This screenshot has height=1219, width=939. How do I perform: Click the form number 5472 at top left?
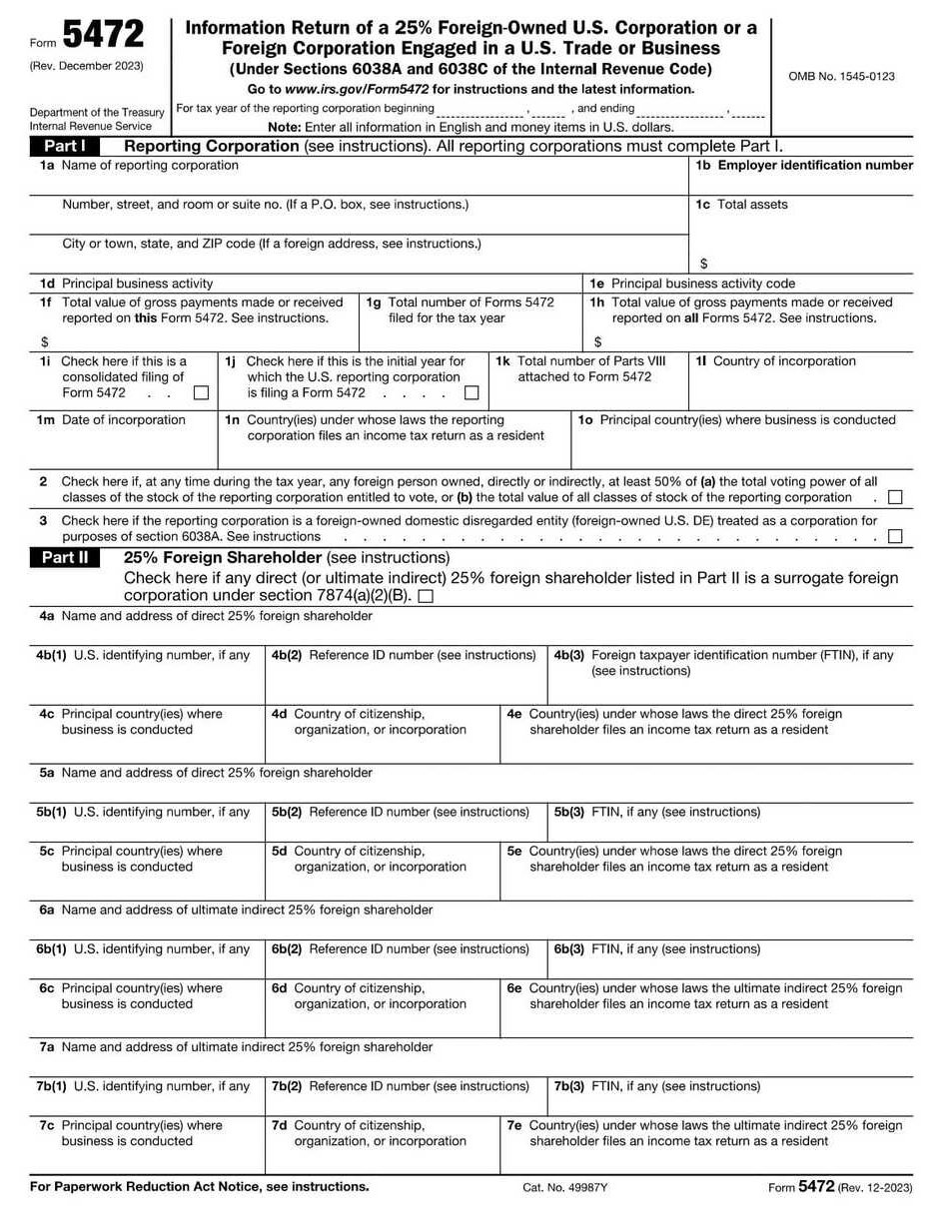(103, 37)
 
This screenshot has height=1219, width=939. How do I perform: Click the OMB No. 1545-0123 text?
(841, 77)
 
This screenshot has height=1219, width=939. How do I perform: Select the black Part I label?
(65, 146)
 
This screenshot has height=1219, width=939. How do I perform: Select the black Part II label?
(65, 558)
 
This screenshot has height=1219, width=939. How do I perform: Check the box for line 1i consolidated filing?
(202, 393)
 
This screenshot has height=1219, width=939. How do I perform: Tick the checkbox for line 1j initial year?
(471, 393)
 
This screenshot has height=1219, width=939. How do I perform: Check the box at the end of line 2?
(895, 497)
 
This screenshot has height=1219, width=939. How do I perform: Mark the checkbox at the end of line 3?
(895, 536)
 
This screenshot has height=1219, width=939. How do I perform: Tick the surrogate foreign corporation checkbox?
(427, 596)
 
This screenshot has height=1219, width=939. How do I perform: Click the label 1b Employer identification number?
(804, 166)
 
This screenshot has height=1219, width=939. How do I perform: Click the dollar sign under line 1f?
(45, 341)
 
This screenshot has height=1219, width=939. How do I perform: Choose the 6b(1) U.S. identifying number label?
(144, 949)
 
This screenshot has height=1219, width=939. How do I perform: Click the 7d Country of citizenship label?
(370, 1133)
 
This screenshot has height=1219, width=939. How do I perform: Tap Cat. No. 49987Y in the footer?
(564, 1187)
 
